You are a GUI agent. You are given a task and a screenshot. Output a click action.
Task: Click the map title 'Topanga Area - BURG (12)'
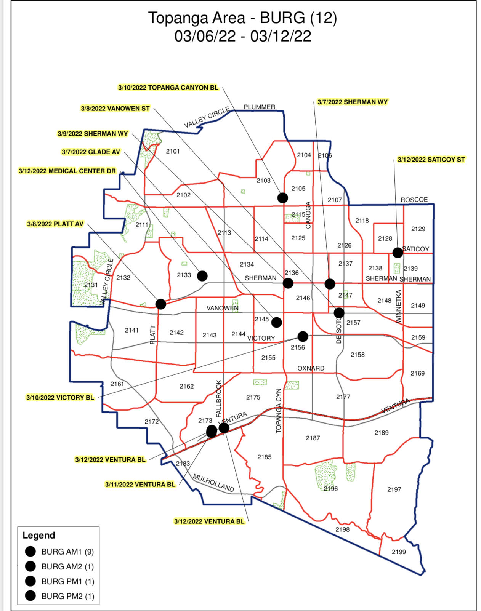(242, 18)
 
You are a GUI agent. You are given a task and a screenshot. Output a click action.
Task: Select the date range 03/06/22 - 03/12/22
(242, 37)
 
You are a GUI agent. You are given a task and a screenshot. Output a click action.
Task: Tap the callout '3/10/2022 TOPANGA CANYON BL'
(168, 88)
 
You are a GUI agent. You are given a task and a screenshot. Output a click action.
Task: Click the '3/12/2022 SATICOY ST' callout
(431, 160)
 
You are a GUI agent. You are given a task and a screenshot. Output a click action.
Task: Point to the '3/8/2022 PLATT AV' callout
(55, 224)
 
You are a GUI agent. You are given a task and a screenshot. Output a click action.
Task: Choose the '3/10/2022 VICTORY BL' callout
(60, 398)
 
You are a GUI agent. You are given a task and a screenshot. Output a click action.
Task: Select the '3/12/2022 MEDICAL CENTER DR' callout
(67, 171)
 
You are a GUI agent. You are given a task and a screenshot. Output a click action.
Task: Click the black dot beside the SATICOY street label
(398, 252)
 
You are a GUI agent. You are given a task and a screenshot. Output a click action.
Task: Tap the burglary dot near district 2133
(202, 275)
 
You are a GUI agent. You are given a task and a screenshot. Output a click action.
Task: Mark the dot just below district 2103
(282, 197)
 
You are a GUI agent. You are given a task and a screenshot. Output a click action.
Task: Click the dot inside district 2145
(277, 322)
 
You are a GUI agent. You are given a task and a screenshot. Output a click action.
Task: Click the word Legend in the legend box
(39, 535)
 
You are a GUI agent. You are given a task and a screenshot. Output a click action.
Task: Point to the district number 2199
(399, 552)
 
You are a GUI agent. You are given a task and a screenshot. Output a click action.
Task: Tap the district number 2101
(173, 151)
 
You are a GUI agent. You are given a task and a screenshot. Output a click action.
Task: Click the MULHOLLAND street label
(213, 483)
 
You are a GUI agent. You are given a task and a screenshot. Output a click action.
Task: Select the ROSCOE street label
(414, 200)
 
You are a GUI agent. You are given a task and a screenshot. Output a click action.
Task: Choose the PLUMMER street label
(259, 107)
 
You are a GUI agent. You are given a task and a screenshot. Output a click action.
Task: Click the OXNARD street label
(311, 368)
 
